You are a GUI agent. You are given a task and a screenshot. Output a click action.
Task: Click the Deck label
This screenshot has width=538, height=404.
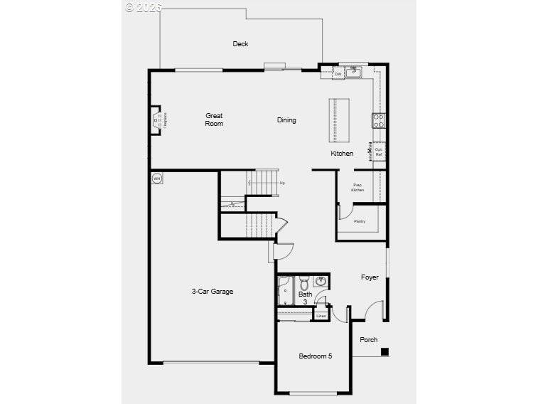click(241, 44)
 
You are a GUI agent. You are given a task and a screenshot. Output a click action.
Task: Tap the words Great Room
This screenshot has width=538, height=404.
click(214, 119)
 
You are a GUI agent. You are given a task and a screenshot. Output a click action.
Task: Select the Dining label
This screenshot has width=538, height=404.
click(286, 120)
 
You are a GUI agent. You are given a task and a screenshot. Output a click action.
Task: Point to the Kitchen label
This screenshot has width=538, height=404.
click(342, 154)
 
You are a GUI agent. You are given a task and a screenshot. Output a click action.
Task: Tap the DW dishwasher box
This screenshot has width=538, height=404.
click(338, 73)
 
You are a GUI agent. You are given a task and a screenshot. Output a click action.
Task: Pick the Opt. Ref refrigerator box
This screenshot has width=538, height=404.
click(379, 151)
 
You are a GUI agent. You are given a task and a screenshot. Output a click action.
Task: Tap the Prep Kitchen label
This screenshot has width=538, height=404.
click(358, 188)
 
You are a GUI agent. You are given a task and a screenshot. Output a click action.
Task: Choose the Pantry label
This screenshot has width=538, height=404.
click(360, 221)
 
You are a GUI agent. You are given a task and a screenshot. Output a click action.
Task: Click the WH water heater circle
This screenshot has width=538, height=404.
click(156, 178)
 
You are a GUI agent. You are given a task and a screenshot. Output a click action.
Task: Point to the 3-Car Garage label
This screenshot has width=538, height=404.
click(212, 291)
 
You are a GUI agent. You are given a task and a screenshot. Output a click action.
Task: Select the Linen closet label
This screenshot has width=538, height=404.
click(321, 315)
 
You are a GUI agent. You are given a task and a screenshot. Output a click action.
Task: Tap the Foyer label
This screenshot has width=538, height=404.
click(370, 277)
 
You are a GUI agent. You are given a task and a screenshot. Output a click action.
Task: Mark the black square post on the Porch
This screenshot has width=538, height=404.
click(384, 351)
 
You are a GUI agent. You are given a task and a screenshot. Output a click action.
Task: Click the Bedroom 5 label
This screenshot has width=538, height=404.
click(315, 356)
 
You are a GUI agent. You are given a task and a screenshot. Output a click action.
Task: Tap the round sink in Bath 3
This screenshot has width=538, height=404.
click(320, 280)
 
